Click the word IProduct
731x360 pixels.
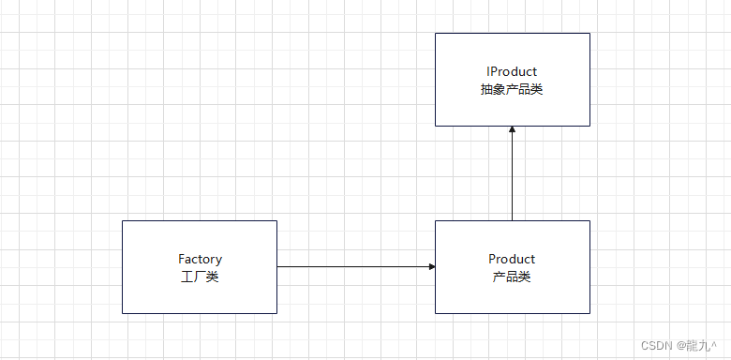pyautogui.click(x=512, y=72)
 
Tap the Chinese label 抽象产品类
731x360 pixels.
pyautogui.click(x=512, y=90)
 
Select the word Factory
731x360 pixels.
pyautogui.click(x=200, y=260)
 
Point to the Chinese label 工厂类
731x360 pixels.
pyautogui.click(x=200, y=277)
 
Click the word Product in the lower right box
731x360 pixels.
pyautogui.click(x=512, y=259)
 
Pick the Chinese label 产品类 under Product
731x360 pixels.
pyautogui.click(x=512, y=277)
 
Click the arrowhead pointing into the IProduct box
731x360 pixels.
pyautogui.click(x=513, y=129)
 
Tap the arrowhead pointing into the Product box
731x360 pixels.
pyautogui.click(x=432, y=267)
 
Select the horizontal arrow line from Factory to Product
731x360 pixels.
pyautogui.click(x=356, y=267)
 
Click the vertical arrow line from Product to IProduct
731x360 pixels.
pyautogui.click(x=513, y=173)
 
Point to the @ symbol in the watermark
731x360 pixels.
pyautogui.click(x=681, y=346)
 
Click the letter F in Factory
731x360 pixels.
pyautogui.click(x=182, y=259)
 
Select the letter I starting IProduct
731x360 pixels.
pyautogui.click(x=488, y=72)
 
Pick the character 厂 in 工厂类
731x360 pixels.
pyautogui.click(x=200, y=277)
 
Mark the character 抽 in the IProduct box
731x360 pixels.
pyautogui.click(x=486, y=90)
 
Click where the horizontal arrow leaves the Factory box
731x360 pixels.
pyautogui.click(x=276, y=267)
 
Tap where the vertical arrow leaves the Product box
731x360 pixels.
pyautogui.click(x=513, y=220)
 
